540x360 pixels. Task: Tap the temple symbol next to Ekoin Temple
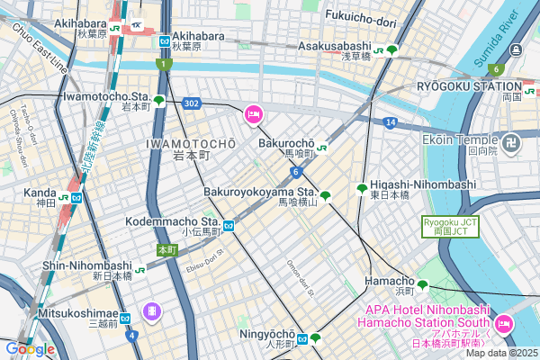pos(511,141)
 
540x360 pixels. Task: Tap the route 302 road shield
pos(191,103)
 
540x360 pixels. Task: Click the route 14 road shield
pos(389,121)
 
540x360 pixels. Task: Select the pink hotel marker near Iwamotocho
pos(254,114)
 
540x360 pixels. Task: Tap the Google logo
pos(30,348)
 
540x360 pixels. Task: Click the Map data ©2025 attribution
pos(499,352)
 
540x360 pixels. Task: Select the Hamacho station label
pos(389,281)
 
